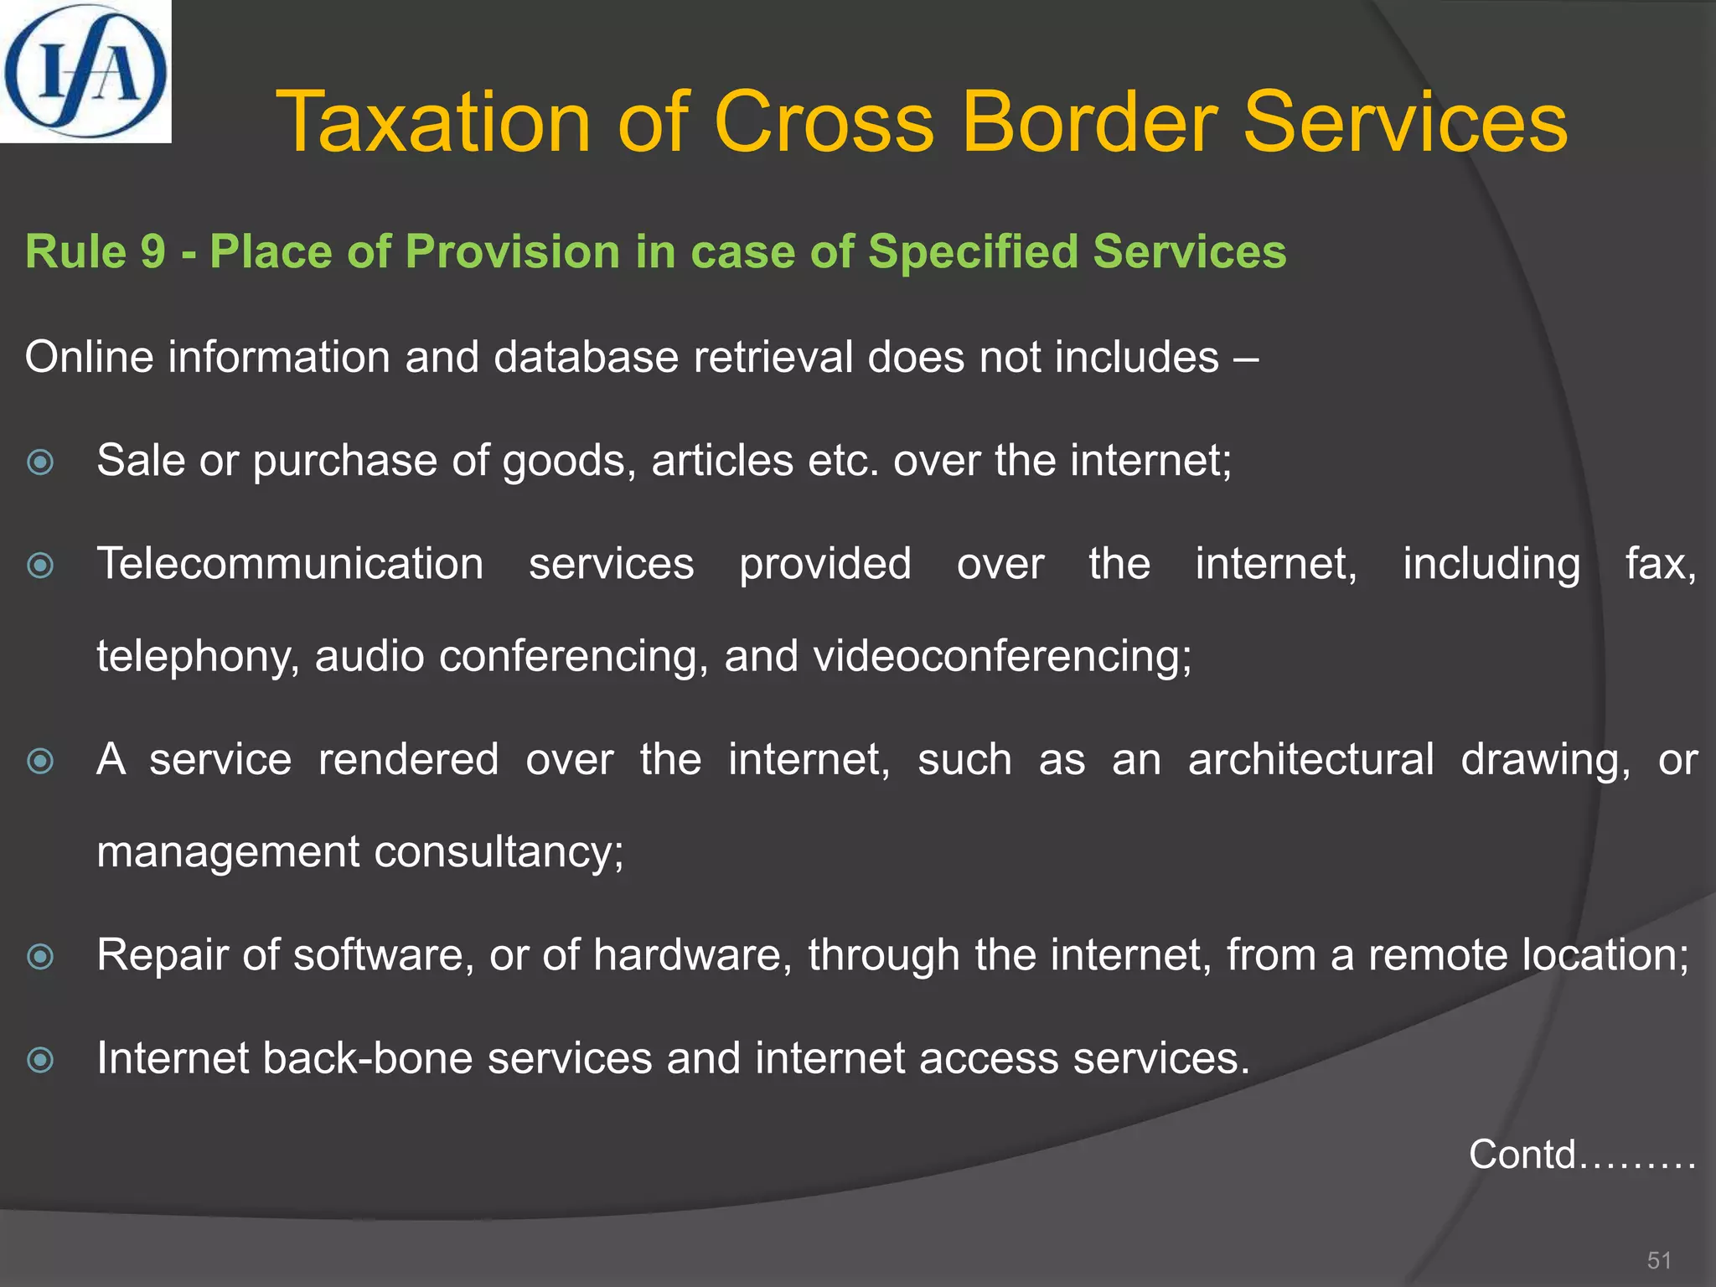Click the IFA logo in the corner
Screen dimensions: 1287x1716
tap(85, 71)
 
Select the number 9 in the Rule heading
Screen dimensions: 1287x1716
tap(152, 251)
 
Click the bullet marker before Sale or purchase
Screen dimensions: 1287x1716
tap(40, 462)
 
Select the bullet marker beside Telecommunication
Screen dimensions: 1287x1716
tap(40, 566)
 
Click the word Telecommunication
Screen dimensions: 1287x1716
tap(290, 564)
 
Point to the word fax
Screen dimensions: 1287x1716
tap(1661, 564)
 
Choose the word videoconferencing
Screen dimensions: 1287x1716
tap(1002, 656)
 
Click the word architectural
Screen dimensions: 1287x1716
tap(1310, 760)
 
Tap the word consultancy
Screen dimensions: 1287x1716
tap(499, 853)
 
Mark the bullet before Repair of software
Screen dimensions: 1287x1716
tap(40, 956)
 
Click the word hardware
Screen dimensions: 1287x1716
tap(692, 955)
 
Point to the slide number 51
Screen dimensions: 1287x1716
tap(1659, 1260)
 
